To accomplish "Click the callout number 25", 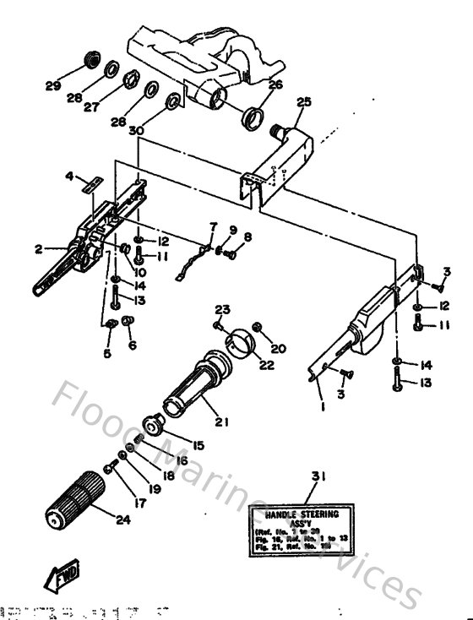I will click(304, 102).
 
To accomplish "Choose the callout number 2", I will click(38, 249).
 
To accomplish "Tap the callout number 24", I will click(122, 519).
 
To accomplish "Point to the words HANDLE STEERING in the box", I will click(302, 513).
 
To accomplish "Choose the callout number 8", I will click(247, 237).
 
